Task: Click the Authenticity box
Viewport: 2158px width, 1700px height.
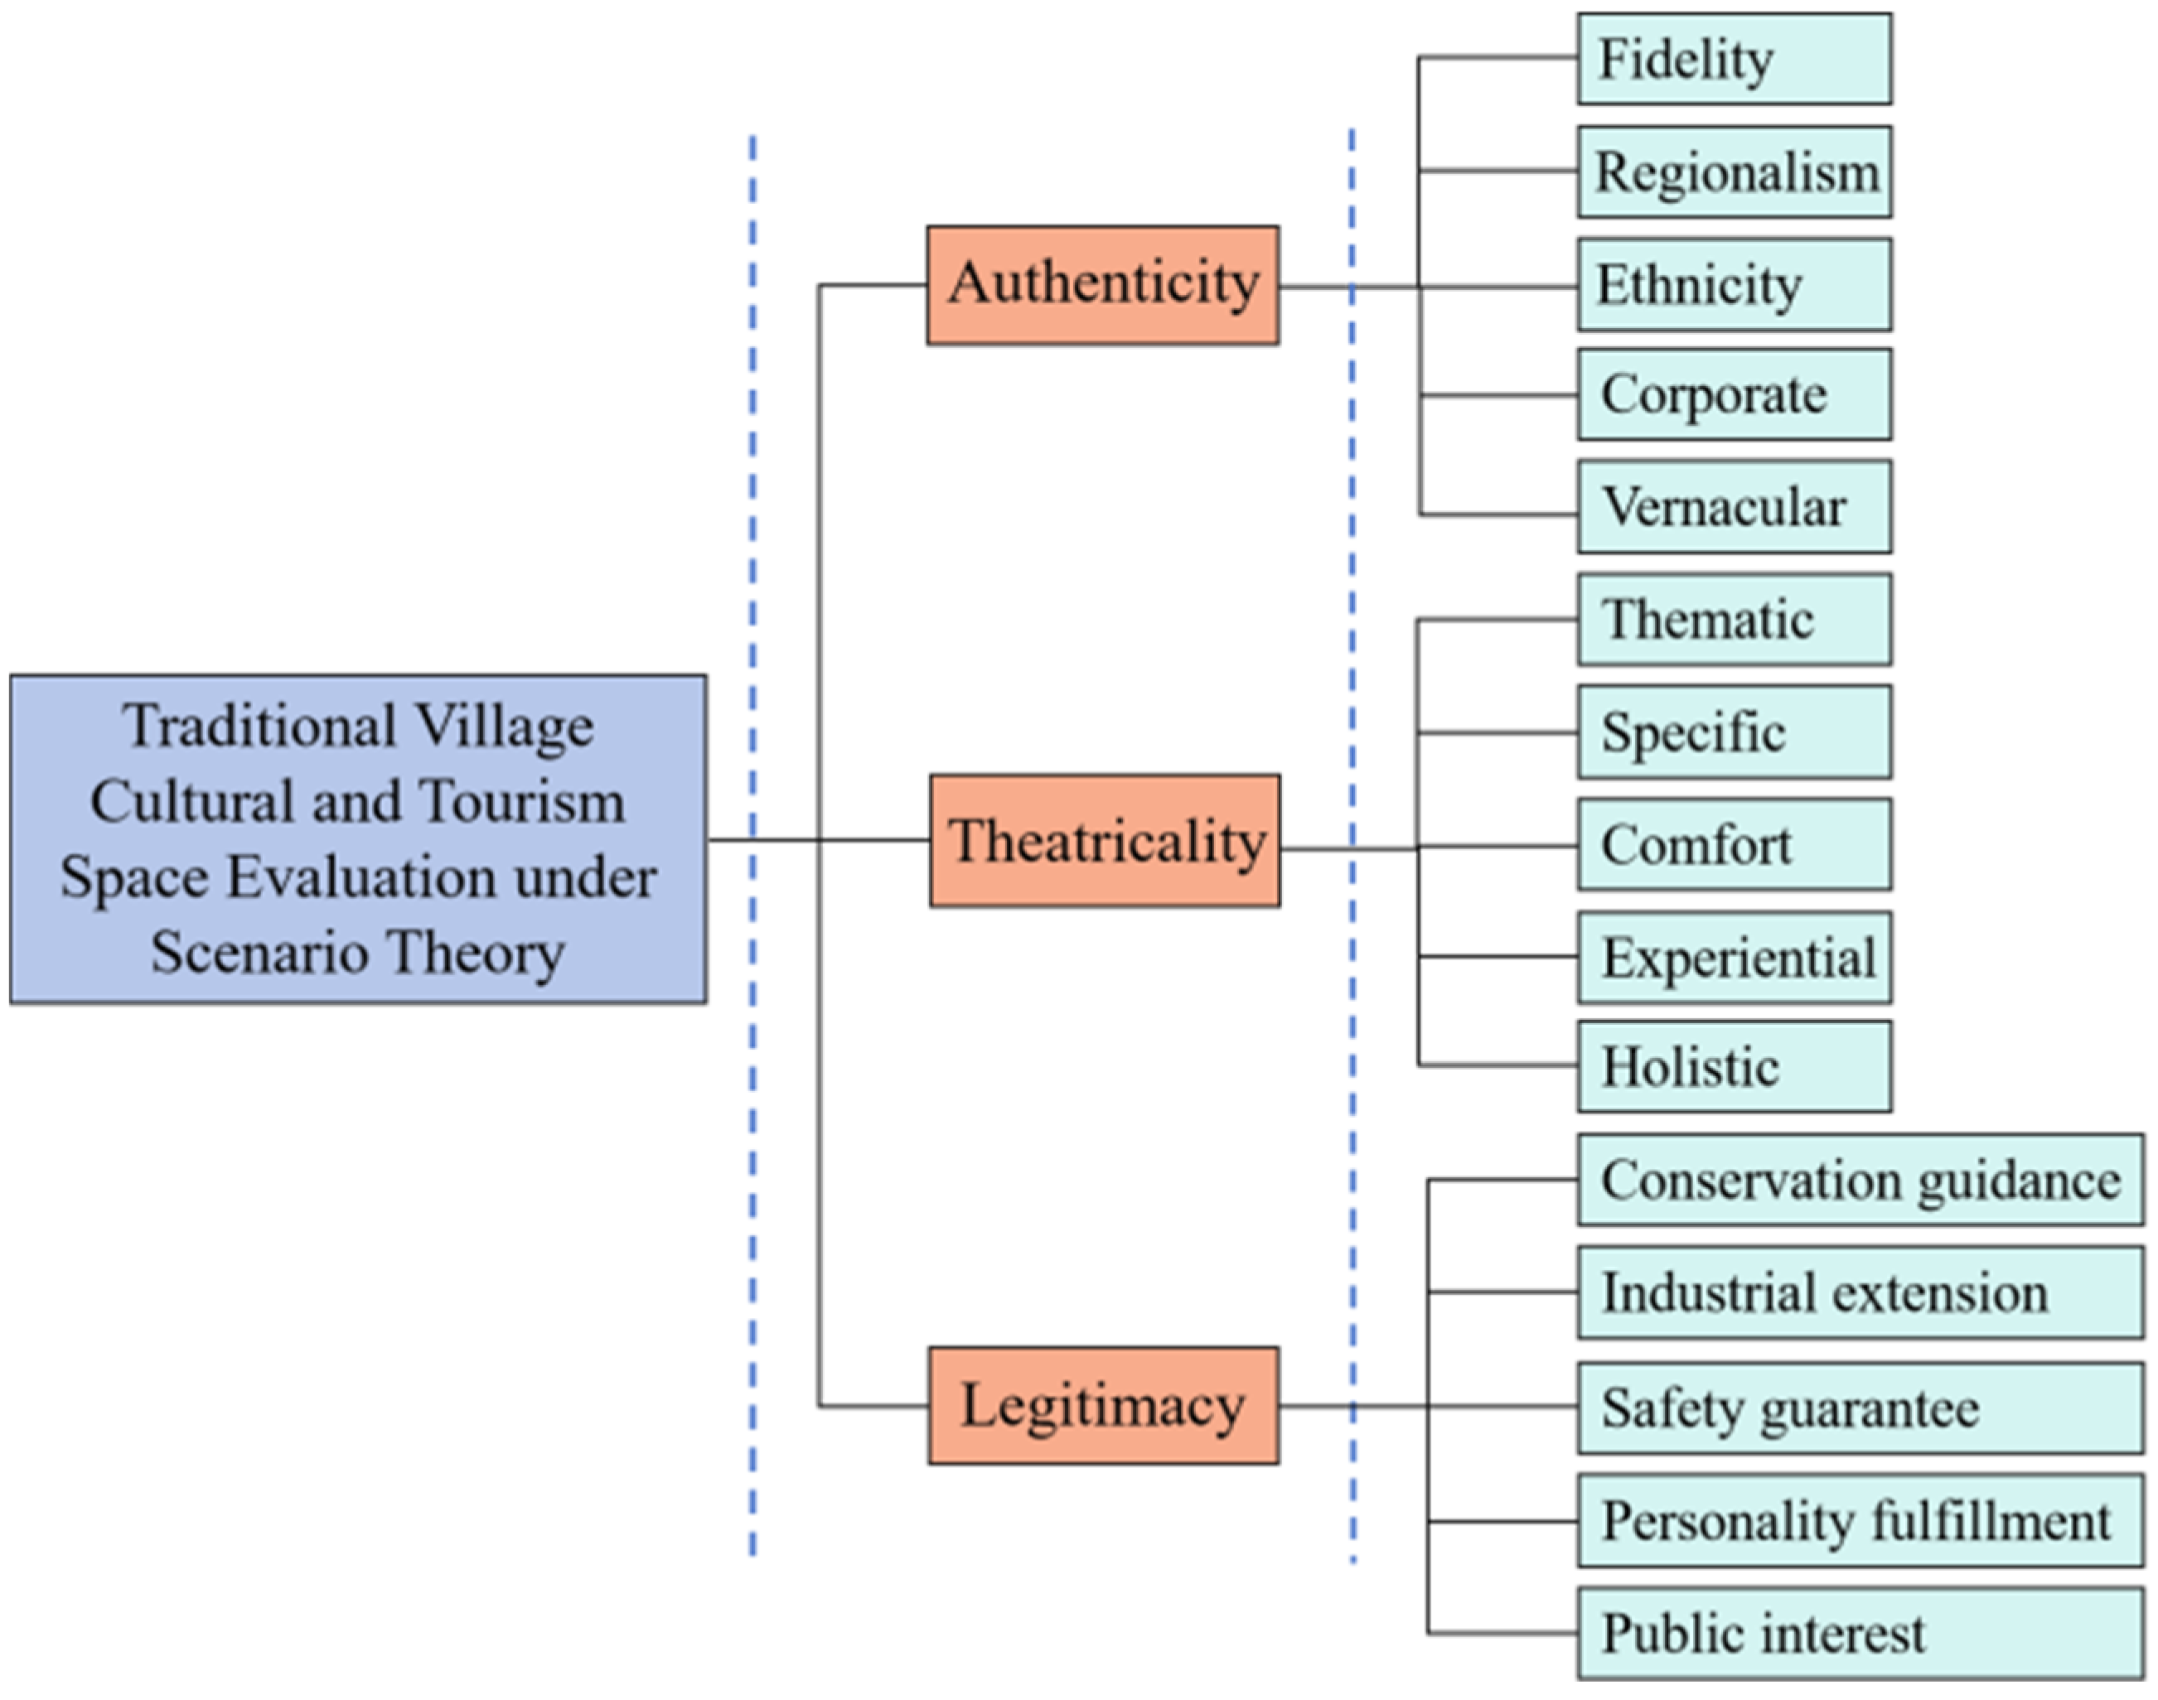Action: (x=1103, y=286)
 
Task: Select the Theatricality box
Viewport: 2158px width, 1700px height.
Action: (x=1105, y=841)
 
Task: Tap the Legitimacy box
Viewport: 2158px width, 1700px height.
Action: (x=1103, y=1405)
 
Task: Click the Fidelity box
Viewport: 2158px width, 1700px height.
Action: (x=1734, y=59)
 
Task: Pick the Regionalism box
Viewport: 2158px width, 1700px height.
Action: (x=1734, y=172)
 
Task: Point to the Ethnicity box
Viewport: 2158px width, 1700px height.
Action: (x=1734, y=286)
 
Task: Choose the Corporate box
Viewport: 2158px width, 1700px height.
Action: (x=1734, y=395)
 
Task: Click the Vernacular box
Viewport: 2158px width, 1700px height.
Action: (x=1734, y=507)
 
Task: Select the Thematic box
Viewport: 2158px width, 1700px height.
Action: (x=1734, y=619)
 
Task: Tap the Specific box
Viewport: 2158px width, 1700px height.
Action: (x=1734, y=732)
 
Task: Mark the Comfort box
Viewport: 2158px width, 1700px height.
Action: (x=1734, y=845)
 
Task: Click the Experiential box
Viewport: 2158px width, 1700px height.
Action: (x=1734, y=958)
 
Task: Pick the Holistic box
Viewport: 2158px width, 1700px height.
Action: (x=1734, y=1067)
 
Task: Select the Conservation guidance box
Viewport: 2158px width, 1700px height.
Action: (x=1860, y=1181)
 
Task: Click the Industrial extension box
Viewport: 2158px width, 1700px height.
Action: (x=1860, y=1293)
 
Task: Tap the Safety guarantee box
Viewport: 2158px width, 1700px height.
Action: (x=1860, y=1408)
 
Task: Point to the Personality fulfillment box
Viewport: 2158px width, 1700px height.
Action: (x=1860, y=1521)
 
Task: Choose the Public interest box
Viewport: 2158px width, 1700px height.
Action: (x=1860, y=1635)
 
